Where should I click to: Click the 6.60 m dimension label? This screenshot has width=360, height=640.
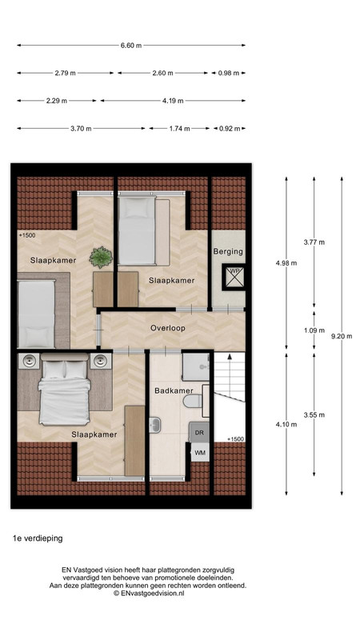(131, 46)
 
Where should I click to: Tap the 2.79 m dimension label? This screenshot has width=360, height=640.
(66, 73)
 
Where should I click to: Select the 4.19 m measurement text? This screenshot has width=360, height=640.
(173, 101)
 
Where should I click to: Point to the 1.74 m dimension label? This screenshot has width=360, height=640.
(179, 129)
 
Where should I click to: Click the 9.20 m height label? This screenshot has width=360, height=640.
(342, 336)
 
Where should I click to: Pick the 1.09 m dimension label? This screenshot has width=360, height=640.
(314, 330)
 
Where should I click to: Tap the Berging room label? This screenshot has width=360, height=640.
(228, 251)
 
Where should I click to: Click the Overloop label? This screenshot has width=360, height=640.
(168, 328)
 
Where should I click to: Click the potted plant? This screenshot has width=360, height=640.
(101, 258)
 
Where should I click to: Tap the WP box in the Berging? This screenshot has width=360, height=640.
(234, 277)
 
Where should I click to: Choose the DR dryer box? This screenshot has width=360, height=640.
(199, 433)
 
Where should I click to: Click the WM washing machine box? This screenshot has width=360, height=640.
(200, 452)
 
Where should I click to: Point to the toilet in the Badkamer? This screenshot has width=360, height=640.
(193, 402)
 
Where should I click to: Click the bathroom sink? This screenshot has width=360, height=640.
(155, 425)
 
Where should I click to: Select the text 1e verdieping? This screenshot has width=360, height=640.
(38, 538)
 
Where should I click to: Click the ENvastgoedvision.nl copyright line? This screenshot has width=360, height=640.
(149, 593)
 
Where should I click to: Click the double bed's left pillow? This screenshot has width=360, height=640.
(54, 370)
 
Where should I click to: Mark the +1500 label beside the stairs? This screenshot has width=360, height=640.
(235, 439)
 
